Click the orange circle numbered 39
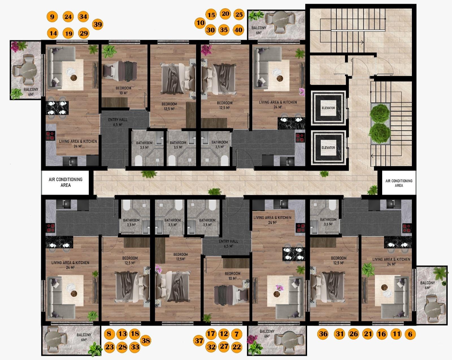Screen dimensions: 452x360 click(98, 24)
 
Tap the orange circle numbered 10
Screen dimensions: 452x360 click(200, 23)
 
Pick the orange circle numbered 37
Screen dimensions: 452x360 click(199, 341)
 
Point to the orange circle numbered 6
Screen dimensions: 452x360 click(410, 334)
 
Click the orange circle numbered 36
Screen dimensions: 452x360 click(323, 333)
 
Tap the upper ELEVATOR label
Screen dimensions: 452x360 click(328, 108)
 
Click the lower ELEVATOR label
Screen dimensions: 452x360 click(328, 148)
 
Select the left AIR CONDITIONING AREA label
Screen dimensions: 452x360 click(66, 182)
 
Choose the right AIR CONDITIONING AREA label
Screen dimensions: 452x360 click(399, 183)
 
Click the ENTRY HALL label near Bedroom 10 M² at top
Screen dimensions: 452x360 click(118, 122)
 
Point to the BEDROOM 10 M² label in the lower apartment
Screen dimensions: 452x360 click(232, 276)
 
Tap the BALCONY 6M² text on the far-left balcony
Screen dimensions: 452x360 click(31, 92)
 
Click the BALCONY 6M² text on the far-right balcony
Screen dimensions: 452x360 click(427, 285)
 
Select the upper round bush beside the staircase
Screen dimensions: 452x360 click(380, 113)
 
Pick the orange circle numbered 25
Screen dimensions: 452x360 click(239, 14)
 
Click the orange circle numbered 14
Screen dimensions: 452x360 click(53, 33)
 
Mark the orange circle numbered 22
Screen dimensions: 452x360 click(237, 347)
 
